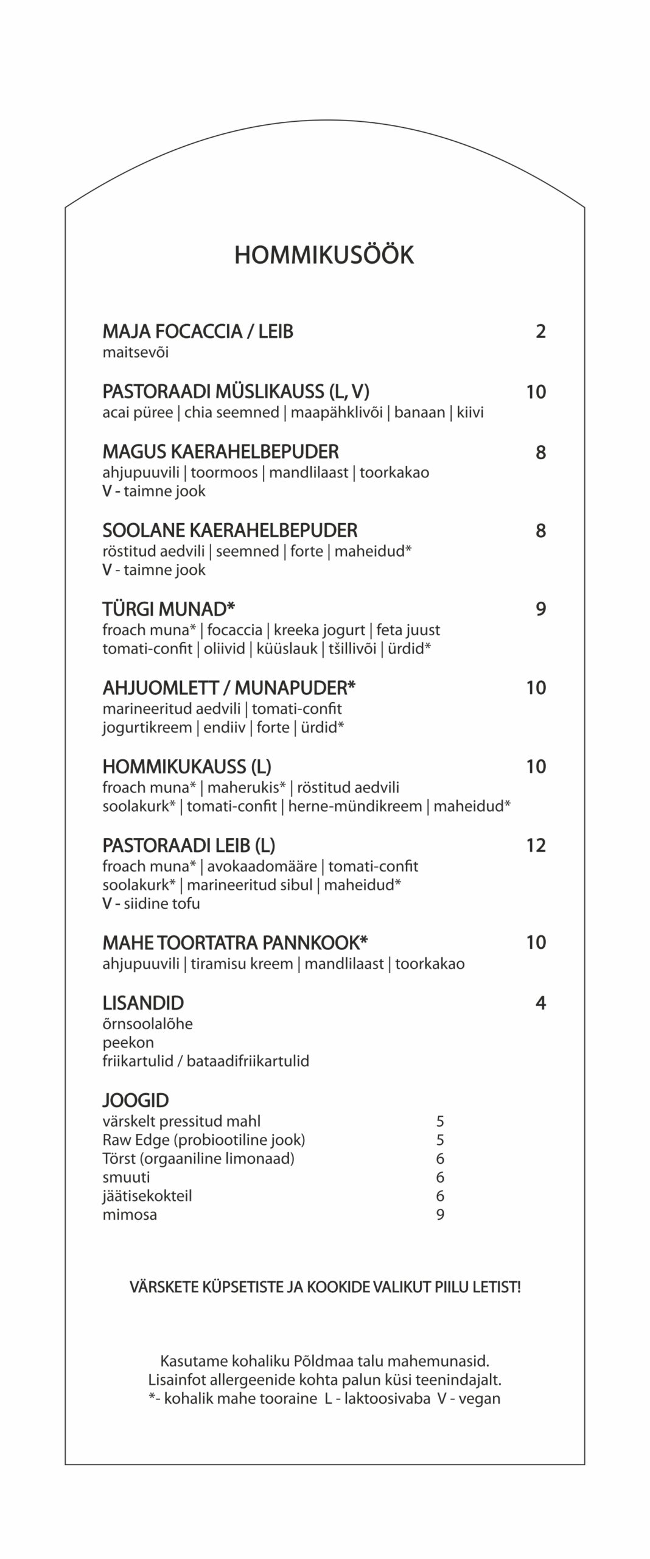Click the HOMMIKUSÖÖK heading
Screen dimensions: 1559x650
click(x=324, y=255)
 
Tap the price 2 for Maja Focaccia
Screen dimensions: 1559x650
click(x=540, y=332)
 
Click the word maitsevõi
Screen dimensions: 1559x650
click(x=135, y=353)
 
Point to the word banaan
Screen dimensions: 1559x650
click(x=419, y=413)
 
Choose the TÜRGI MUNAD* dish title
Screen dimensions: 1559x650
click(x=169, y=609)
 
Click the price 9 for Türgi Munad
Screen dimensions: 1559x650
click(x=540, y=609)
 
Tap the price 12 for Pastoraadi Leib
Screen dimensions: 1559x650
click(x=536, y=845)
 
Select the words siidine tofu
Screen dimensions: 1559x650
click(x=161, y=904)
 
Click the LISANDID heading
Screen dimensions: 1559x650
click(x=143, y=1003)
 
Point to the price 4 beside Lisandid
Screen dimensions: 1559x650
click(x=540, y=1003)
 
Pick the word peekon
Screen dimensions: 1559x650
click(x=128, y=1043)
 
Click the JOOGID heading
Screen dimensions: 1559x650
click(x=135, y=1100)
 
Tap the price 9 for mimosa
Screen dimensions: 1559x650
click(x=440, y=1215)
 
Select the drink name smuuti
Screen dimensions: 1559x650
click(x=126, y=1177)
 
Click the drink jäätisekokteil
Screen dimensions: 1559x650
click(x=147, y=1196)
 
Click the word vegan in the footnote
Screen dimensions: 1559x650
click(x=479, y=1399)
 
